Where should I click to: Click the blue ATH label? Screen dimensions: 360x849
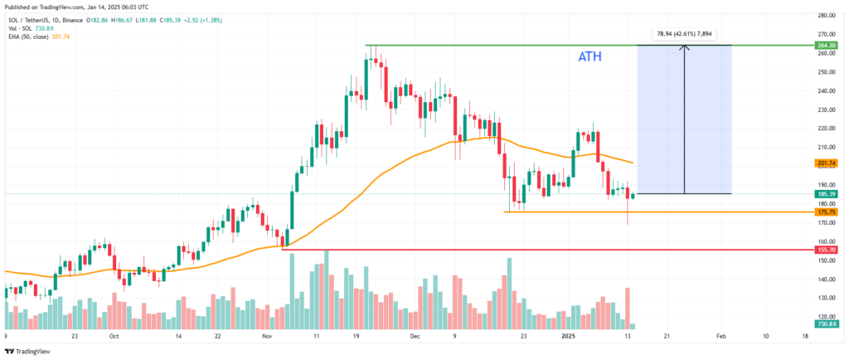coord(589,57)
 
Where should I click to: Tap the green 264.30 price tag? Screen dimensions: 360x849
coord(826,45)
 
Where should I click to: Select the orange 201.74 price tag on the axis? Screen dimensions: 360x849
coord(826,163)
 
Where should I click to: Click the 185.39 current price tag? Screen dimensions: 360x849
coord(826,194)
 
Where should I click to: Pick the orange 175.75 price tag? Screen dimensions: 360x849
coord(826,212)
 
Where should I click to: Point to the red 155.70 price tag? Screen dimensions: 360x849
coord(826,249)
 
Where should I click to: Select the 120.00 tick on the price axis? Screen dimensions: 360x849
coord(825,316)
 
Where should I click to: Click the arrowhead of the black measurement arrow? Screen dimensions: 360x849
coord(684,47)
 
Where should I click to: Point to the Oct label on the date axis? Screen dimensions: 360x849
coord(114,337)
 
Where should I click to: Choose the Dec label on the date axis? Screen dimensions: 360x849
coord(415,337)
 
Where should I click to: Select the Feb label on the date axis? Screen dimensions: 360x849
coord(720,337)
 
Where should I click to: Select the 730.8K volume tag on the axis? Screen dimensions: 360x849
coord(826,324)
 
